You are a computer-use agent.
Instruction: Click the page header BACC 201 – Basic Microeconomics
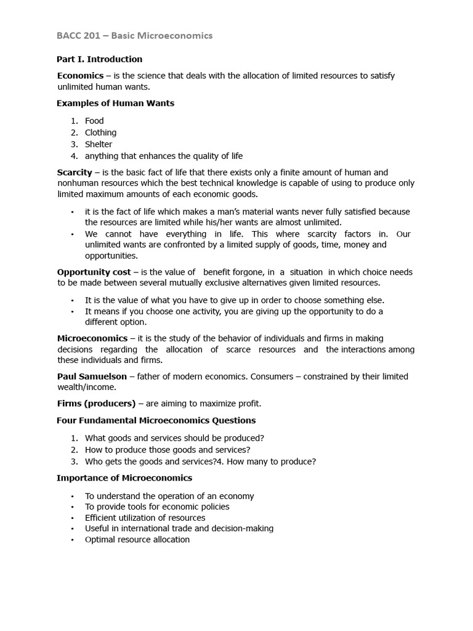(x=134, y=36)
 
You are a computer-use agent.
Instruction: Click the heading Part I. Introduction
(x=99, y=59)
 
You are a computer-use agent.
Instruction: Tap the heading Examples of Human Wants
(x=115, y=104)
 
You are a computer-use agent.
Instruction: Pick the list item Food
(x=94, y=121)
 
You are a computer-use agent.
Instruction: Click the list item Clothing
(x=100, y=132)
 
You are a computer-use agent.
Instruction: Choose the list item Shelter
(x=99, y=144)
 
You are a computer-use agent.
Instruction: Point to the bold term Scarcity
(x=75, y=173)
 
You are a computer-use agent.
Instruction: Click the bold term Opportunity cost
(x=94, y=272)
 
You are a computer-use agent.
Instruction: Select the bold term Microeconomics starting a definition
(x=92, y=338)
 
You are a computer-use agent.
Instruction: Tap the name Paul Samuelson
(x=92, y=377)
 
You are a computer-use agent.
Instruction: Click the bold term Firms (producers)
(x=96, y=404)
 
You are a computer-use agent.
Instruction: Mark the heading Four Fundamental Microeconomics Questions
(x=156, y=421)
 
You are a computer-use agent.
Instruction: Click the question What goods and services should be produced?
(x=174, y=438)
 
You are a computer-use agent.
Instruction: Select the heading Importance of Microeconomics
(x=124, y=478)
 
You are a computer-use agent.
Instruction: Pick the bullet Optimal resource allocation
(x=137, y=540)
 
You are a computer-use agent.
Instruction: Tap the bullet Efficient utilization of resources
(x=145, y=518)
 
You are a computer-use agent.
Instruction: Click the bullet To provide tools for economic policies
(x=157, y=507)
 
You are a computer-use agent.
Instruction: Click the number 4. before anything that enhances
(x=74, y=156)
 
